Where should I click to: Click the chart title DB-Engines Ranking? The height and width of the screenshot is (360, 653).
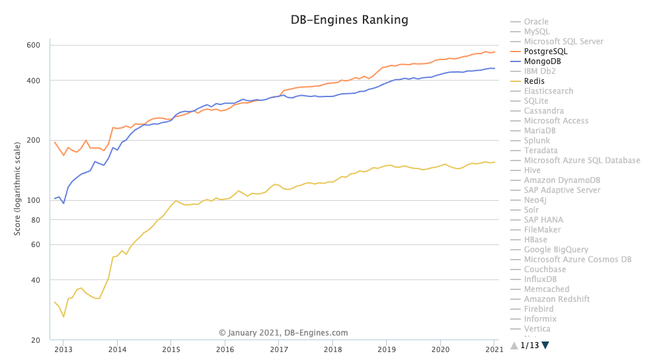350,20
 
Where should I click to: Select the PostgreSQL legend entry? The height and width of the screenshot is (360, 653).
545,52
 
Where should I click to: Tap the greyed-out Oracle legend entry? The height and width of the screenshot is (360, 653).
536,22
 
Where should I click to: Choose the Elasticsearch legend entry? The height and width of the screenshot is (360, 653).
549,91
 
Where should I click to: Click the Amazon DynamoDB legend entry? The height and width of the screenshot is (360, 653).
562,180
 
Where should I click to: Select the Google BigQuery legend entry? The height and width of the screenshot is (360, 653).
556,250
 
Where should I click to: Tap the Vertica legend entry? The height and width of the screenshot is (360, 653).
538,329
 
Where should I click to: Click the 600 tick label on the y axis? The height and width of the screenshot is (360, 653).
34,45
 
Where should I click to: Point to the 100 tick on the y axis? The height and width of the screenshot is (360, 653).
34,200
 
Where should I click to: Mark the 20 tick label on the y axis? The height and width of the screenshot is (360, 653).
36,341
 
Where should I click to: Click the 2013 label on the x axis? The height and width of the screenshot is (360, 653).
63,349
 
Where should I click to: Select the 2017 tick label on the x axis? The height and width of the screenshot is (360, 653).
279,349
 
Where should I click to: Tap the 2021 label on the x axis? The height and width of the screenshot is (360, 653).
494,349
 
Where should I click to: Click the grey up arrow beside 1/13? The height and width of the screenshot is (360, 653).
514,345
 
